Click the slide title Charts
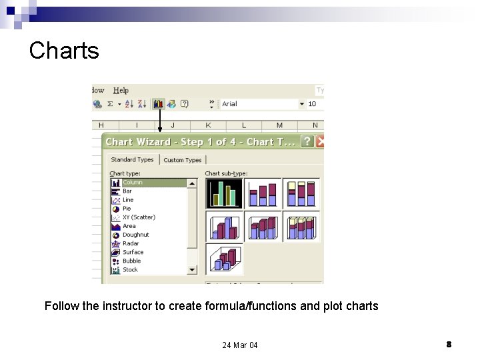64,51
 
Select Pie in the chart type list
127,209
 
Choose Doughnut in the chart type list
135,235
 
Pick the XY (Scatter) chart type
139,217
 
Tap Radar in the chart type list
131,243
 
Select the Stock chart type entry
130,269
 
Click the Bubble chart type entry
131,261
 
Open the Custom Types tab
183,160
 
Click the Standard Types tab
132,160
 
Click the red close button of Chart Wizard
321,141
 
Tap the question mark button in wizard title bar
307,141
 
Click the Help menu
121,90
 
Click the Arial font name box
260,104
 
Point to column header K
208,125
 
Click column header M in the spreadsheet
279,125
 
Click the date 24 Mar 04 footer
240,345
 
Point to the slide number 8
449,344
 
